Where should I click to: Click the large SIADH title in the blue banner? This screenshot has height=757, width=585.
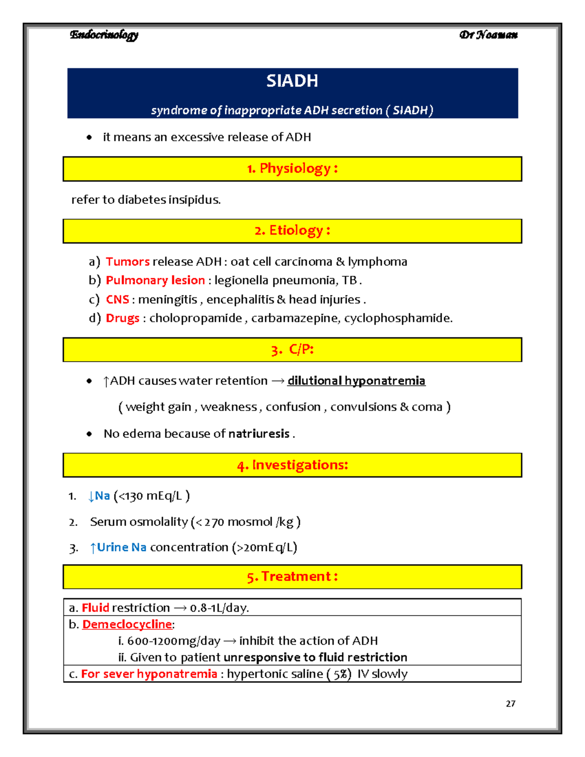[x=292, y=81]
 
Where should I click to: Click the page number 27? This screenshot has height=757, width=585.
[x=510, y=703]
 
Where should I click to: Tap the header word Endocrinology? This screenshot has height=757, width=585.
[x=104, y=35]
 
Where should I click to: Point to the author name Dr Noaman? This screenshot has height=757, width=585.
[x=488, y=35]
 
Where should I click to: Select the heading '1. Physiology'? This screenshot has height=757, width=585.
[x=292, y=169]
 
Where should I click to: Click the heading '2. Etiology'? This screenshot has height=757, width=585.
[x=292, y=231]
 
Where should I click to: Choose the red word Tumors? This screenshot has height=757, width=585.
[x=127, y=262]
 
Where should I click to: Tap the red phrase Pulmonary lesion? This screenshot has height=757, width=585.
[x=155, y=280]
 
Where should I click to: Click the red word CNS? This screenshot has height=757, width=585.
[x=117, y=299]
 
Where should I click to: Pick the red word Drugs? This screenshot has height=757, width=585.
[x=122, y=318]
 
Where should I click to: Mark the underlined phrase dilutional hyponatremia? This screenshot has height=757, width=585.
[x=356, y=381]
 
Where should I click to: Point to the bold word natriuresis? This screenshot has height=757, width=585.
[x=259, y=434]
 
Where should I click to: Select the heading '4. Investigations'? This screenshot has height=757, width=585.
[x=292, y=465]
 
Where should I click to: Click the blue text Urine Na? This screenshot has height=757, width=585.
[x=121, y=547]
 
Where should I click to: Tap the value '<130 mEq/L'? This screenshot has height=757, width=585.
[x=151, y=496]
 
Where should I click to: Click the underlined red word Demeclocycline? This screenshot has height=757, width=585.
[x=127, y=624]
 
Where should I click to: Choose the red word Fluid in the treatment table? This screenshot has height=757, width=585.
[x=95, y=608]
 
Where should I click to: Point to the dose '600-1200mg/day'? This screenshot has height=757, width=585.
[x=174, y=641]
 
